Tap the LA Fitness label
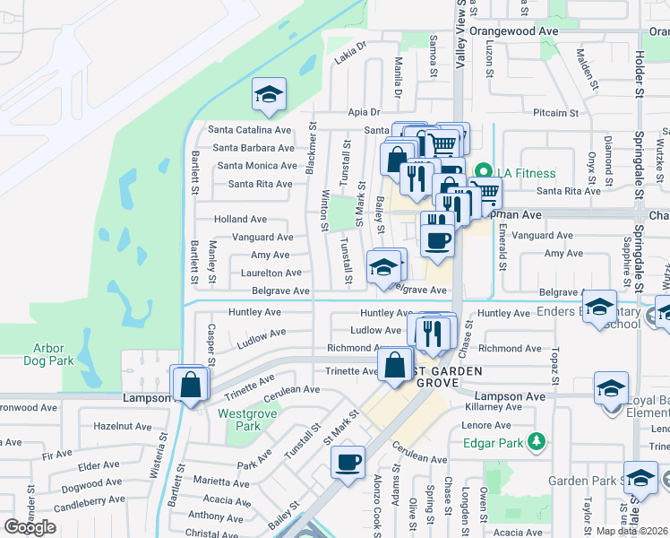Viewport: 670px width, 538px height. click(528, 173)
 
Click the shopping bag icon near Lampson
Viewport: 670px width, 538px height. click(191, 385)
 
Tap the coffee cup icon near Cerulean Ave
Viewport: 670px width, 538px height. click(348, 463)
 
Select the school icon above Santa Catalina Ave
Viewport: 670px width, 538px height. click(268, 95)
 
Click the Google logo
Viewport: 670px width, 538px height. click(30, 527)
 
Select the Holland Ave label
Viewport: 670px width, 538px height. click(240, 219)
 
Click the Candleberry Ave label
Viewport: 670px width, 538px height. click(89, 499)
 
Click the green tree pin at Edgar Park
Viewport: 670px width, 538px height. click(537, 441)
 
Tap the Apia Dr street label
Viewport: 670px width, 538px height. click(365, 113)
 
